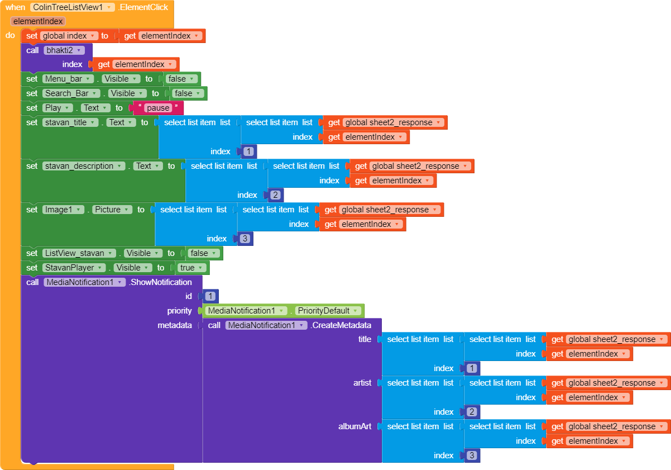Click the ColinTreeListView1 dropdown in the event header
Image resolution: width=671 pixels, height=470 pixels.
coord(73,7)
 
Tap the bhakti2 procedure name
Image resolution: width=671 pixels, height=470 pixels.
coord(64,50)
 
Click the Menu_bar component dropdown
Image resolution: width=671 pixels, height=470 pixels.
coord(68,79)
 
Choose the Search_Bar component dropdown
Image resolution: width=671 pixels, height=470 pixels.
coord(71,93)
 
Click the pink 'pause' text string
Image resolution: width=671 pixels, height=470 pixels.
coord(157,108)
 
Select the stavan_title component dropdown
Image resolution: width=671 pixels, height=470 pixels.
coord(70,122)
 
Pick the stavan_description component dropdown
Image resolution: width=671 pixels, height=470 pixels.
coord(83,166)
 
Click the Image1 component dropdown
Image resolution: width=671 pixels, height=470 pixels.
coord(63,210)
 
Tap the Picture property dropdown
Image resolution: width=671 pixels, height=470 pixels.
coord(112,210)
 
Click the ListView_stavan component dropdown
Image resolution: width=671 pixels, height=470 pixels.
coord(79,253)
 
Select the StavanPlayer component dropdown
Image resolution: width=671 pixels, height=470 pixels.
coord(74,268)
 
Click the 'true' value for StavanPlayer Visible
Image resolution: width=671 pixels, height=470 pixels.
coord(191,268)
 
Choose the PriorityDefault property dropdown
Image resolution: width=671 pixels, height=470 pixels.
coord(328,311)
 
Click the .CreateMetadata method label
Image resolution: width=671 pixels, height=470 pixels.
coord(341,325)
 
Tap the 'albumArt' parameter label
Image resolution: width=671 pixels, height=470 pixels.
coord(354,426)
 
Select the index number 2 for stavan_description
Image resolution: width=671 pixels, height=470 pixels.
coord(275,195)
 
